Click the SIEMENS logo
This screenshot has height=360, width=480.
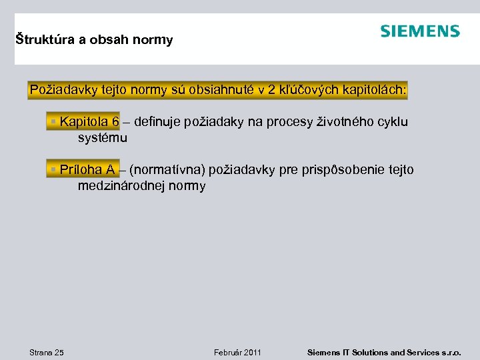point(420,31)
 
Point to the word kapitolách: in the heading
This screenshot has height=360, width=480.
point(373,90)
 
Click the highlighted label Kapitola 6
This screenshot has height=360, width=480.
point(89,122)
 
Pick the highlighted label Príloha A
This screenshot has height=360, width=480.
point(87,170)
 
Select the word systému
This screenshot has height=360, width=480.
point(102,138)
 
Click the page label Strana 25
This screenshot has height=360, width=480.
point(47,352)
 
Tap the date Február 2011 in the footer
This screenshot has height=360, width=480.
point(237,352)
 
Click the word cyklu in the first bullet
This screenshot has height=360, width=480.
point(392,122)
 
